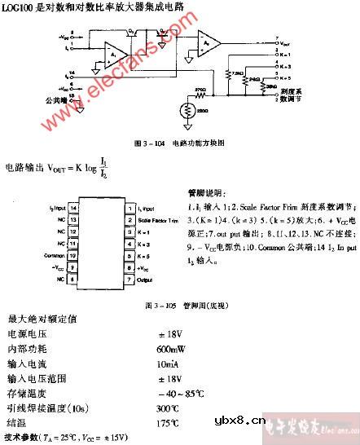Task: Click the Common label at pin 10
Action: pyautogui.click(x=57, y=254)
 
